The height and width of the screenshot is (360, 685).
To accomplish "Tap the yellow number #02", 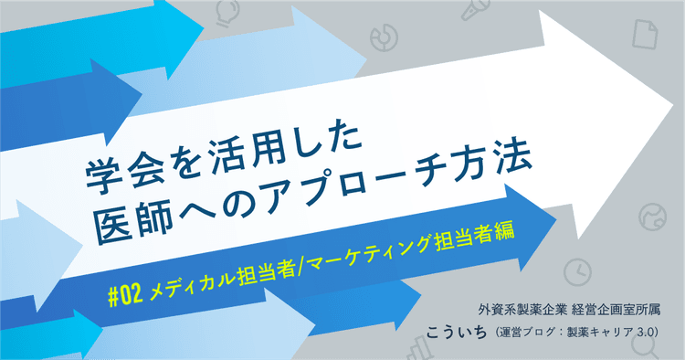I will (x=124, y=277).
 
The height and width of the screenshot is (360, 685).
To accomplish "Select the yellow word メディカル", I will (x=187, y=270).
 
